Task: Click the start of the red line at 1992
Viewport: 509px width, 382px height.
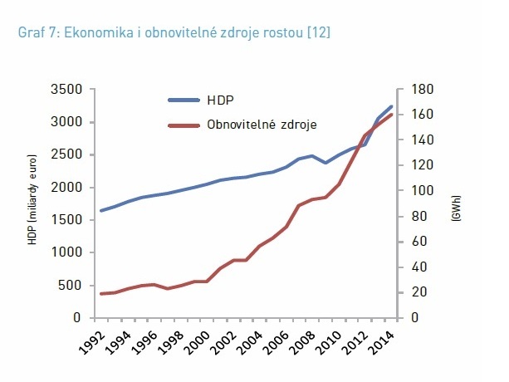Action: click(x=101, y=294)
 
